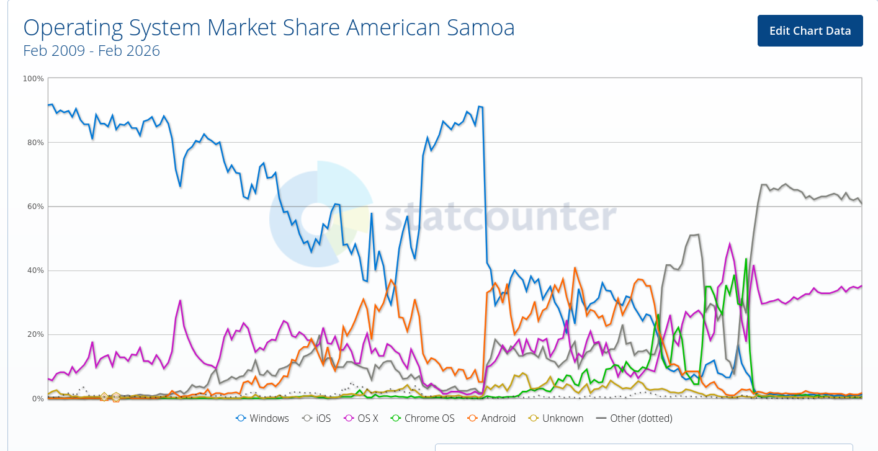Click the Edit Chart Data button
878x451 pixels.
point(810,31)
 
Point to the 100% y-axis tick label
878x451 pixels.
point(33,79)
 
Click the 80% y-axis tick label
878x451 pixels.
point(35,143)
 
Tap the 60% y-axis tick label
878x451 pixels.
point(35,207)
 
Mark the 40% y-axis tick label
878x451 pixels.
point(35,270)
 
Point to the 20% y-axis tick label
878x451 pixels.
point(35,334)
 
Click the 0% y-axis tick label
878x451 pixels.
point(37,398)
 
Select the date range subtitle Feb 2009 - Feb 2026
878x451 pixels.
point(91,51)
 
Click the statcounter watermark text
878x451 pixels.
point(500,217)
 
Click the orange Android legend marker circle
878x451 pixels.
point(472,418)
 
